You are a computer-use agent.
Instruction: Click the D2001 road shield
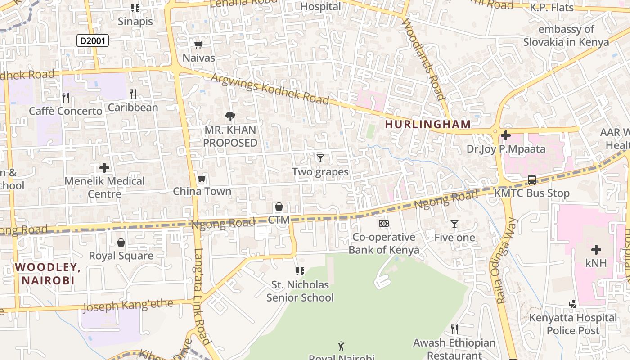click(93, 41)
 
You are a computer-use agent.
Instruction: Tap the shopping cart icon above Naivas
click(198, 45)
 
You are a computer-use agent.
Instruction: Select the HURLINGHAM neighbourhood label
click(428, 124)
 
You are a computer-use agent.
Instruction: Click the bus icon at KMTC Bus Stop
click(531, 180)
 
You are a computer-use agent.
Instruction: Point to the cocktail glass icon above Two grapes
click(320, 158)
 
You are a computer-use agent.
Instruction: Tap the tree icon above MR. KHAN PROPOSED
click(230, 117)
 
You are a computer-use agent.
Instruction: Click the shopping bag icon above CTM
click(279, 207)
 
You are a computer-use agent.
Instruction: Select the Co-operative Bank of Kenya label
click(384, 243)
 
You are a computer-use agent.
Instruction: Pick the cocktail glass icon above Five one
click(454, 224)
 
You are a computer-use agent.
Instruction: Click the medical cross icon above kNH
click(596, 249)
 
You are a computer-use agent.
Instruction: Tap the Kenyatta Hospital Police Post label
click(573, 324)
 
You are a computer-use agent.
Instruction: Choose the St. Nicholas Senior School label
click(300, 291)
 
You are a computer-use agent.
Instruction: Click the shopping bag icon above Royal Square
click(121, 243)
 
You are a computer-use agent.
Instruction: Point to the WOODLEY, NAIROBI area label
click(48, 274)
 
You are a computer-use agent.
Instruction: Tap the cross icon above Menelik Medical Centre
click(104, 168)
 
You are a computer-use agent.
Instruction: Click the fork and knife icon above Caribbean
click(133, 94)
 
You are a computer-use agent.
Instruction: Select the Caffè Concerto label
click(66, 111)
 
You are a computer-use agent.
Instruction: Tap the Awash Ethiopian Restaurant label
click(454, 349)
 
